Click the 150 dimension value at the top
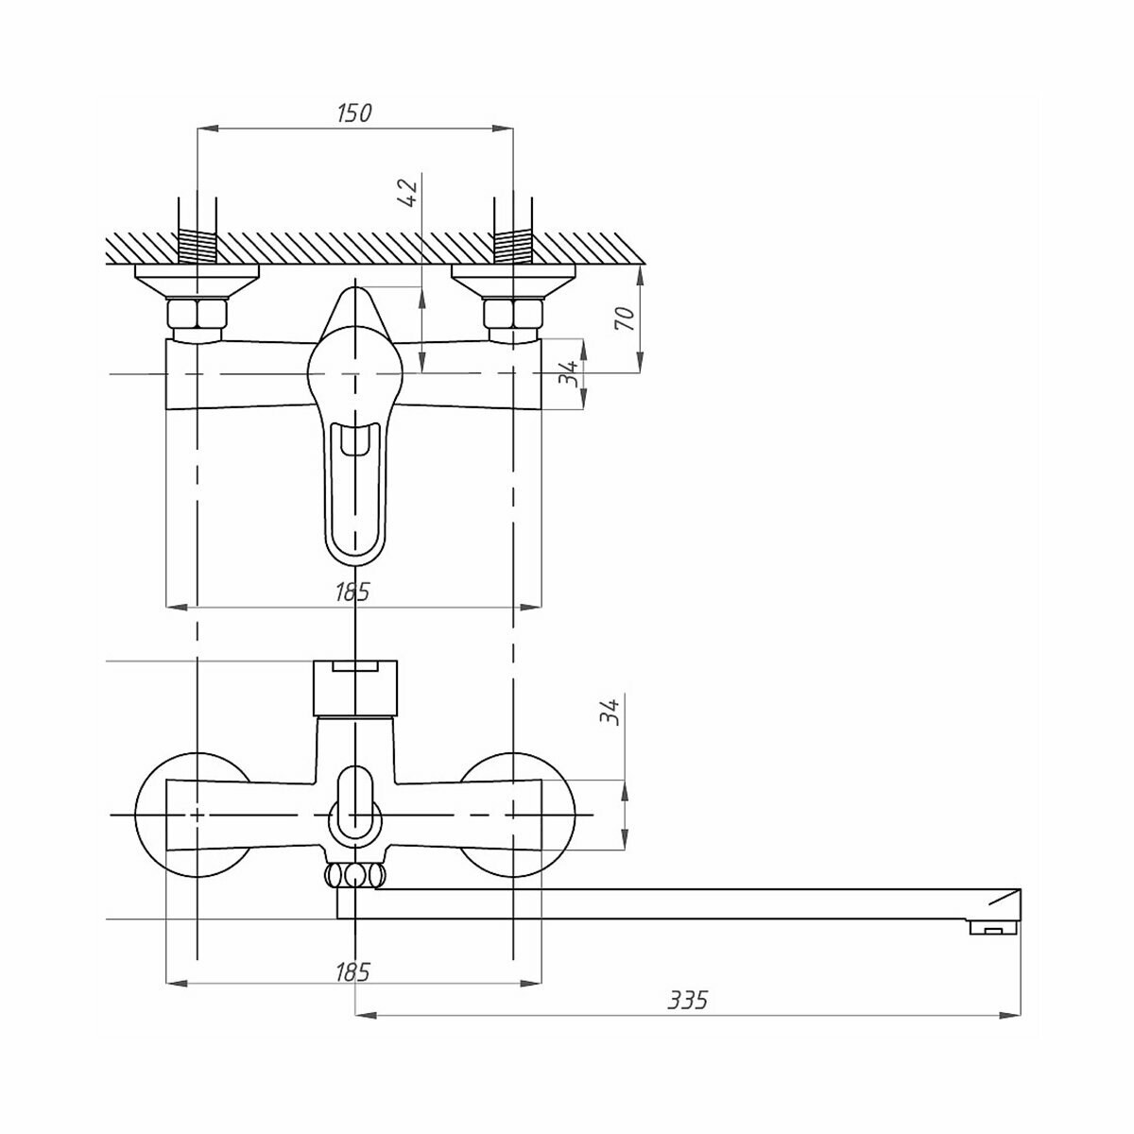click(x=353, y=113)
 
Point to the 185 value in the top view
click(x=352, y=593)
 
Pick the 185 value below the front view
click(x=352, y=971)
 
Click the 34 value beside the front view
click(x=611, y=711)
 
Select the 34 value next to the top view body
click(x=568, y=374)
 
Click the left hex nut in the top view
click(x=197, y=314)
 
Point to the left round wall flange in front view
click(x=151, y=815)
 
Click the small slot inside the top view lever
click(x=354, y=441)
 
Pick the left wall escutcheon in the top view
click(x=197, y=280)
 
